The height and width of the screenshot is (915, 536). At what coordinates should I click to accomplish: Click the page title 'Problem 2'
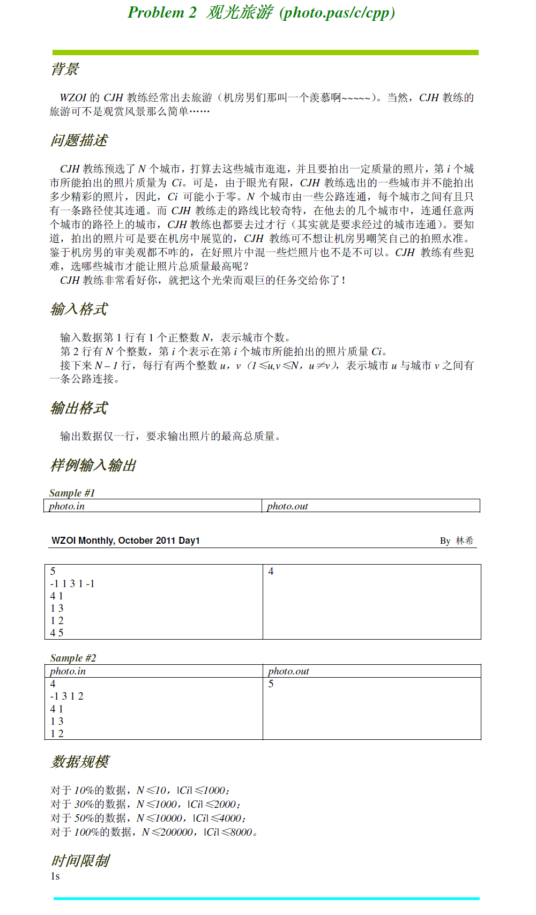tap(162, 12)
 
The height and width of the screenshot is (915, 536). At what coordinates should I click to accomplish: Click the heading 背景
tap(65, 69)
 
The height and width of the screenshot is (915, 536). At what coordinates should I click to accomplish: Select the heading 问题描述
tap(79, 140)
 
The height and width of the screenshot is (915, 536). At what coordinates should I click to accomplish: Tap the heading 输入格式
tap(79, 309)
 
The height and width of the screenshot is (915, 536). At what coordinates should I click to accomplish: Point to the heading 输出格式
tap(79, 408)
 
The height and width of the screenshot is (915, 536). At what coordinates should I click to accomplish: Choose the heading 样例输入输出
tap(93, 465)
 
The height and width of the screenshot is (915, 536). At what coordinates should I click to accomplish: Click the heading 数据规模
tap(80, 761)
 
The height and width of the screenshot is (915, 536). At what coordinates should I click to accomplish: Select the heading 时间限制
tap(80, 860)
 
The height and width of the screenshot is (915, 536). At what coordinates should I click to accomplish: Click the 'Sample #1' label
tap(72, 493)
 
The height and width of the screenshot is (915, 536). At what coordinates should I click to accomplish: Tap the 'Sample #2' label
tap(73, 658)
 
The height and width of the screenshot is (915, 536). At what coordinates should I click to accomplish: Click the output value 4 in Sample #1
tap(271, 572)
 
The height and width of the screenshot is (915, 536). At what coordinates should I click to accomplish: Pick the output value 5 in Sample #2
tap(271, 684)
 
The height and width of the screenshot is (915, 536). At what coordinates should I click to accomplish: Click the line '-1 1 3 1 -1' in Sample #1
tap(72, 584)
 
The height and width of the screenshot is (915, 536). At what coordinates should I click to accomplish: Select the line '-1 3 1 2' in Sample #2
tap(67, 696)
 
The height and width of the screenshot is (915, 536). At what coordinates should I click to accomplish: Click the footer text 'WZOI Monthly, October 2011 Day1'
tap(125, 541)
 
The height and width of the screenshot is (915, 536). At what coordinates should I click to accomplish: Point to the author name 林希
tap(464, 541)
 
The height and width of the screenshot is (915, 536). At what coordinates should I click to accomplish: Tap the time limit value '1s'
tap(55, 876)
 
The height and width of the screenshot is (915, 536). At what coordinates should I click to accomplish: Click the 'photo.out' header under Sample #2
tap(288, 671)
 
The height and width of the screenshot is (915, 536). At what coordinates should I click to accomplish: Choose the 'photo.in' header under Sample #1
tap(66, 506)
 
